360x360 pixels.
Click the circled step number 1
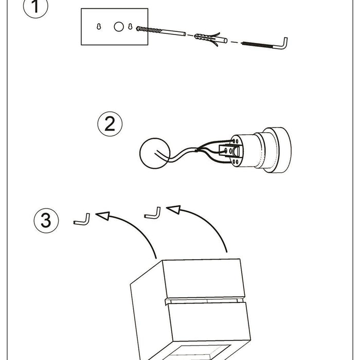pyautogui.click(x=35, y=9)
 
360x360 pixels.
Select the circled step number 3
pyautogui.click(x=46, y=221)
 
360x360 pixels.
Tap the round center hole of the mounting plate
pyautogui.click(x=119, y=26)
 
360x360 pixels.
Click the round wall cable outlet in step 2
pyautogui.click(x=153, y=153)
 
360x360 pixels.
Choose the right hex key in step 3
pyautogui.click(x=153, y=213)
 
